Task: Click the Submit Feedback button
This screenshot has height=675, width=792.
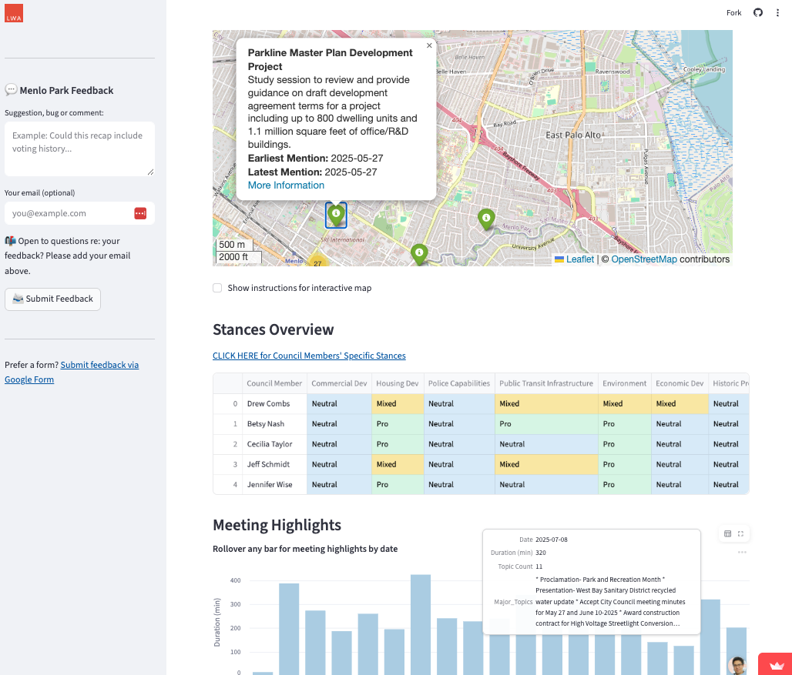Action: pos(52,299)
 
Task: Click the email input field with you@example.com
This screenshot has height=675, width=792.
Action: pos(69,213)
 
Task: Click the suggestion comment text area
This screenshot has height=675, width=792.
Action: pos(79,149)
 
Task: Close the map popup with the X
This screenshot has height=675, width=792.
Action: pos(429,46)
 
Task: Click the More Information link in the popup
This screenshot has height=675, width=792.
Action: pos(286,185)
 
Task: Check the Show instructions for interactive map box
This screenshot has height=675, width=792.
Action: pos(217,288)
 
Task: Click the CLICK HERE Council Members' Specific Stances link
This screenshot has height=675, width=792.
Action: pos(309,356)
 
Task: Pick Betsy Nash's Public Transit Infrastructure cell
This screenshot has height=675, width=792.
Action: pos(545,424)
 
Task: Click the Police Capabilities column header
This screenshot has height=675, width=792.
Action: pos(458,383)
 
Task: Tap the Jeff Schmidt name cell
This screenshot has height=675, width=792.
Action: pos(268,465)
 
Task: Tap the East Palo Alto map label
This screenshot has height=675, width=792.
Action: pos(572,135)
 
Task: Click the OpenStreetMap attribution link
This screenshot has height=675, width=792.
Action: pos(643,259)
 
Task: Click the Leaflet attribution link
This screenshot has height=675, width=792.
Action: pos(579,259)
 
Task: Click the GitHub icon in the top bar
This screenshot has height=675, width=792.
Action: pos(758,12)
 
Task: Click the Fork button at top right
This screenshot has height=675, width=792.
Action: pos(733,12)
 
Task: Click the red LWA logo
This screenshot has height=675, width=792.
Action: pos(14,13)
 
